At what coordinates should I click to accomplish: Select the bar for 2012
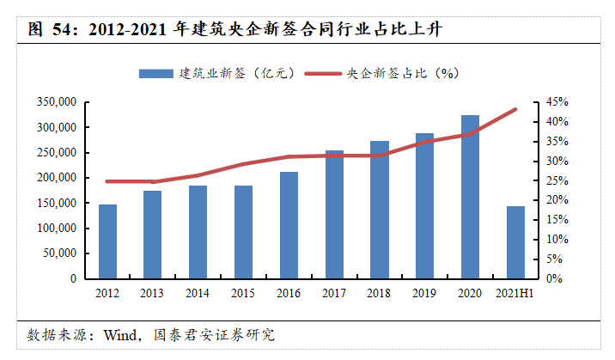click(107, 241)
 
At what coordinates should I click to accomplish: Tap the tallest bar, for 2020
click(470, 197)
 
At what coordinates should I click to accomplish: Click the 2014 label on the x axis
click(198, 293)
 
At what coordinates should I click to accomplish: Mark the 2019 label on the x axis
click(424, 293)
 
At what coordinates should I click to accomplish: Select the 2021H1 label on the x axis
click(515, 293)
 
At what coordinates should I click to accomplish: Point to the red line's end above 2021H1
click(515, 109)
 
